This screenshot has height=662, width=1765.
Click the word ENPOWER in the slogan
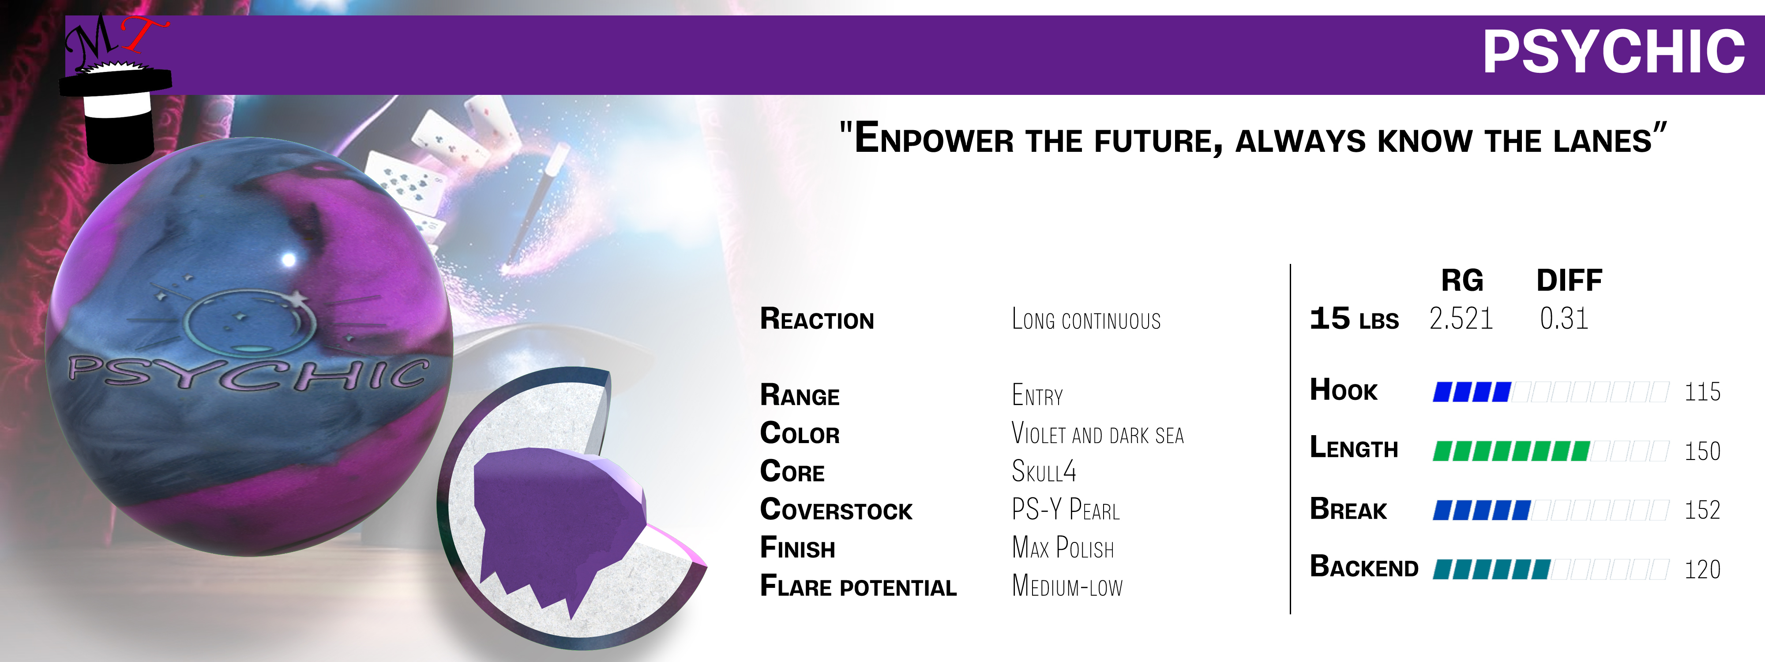(x=933, y=139)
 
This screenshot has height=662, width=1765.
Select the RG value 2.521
(x=1461, y=319)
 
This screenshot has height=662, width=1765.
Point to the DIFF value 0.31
(x=1563, y=319)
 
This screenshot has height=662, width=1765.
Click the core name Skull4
(x=1044, y=471)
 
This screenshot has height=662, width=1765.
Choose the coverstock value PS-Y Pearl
(x=1066, y=509)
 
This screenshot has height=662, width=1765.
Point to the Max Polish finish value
(x=1063, y=548)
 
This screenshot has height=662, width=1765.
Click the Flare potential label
(x=858, y=586)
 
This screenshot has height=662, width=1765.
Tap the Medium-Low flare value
(x=1067, y=586)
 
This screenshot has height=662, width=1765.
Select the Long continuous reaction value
(x=1086, y=320)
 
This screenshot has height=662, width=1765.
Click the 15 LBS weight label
(x=1354, y=319)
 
